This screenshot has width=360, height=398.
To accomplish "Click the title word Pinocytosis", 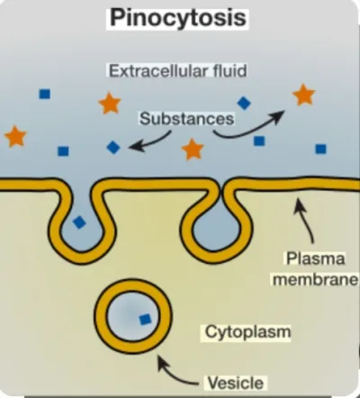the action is pyautogui.click(x=178, y=18).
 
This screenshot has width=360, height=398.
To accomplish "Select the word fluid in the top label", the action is pyautogui.click(x=230, y=71).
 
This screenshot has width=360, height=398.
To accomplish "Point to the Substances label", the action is pyautogui.click(x=186, y=119).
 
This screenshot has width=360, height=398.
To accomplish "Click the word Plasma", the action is pyautogui.click(x=315, y=258).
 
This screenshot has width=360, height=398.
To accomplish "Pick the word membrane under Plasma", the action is pyautogui.click(x=316, y=280).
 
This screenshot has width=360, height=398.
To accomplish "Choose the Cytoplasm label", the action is pyautogui.click(x=247, y=332).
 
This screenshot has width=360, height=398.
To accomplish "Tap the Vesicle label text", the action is pyautogui.click(x=236, y=383).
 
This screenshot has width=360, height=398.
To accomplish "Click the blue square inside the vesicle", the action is pyautogui.click(x=145, y=320).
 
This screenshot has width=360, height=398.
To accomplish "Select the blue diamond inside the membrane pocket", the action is pyautogui.click(x=79, y=222).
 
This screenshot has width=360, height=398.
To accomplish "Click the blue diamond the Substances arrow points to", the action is pyautogui.click(x=113, y=148).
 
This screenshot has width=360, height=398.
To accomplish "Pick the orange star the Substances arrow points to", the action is pyautogui.click(x=303, y=95).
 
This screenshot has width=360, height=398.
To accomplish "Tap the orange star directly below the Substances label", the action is pyautogui.click(x=193, y=149).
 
